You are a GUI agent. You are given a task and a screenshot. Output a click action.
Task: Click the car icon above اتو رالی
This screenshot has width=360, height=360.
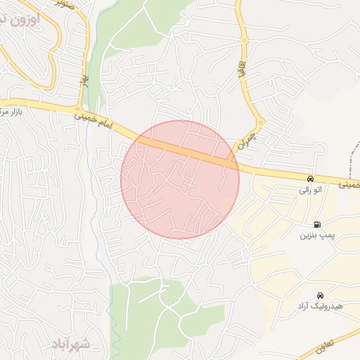click(310, 179)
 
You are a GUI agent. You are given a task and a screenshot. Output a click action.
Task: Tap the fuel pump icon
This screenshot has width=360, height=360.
click(317, 225)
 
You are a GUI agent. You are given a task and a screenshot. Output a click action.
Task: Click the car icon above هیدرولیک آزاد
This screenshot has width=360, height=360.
click(321, 295)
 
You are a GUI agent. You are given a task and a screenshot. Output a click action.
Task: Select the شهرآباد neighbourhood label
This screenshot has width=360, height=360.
click(72, 344)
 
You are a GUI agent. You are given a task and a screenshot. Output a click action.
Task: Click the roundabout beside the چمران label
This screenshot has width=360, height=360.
click(260, 123)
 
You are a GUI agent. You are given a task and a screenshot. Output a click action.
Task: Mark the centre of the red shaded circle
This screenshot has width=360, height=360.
click(180, 179)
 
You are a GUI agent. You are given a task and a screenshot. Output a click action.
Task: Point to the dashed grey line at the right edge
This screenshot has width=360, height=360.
click(355, 151)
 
